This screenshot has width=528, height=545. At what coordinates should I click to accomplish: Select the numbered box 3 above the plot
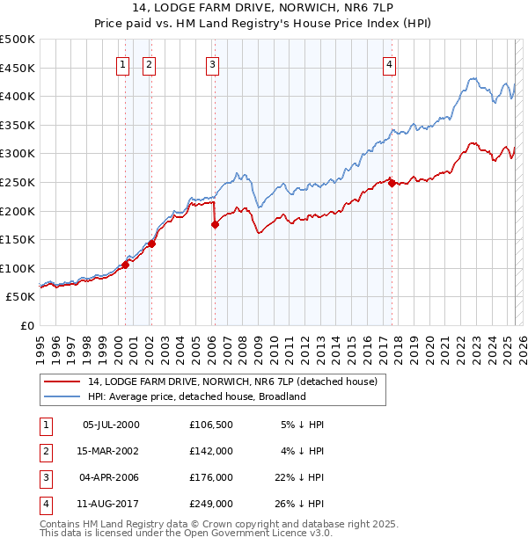tap(213, 63)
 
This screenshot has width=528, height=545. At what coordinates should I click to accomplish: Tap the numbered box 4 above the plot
tap(389, 63)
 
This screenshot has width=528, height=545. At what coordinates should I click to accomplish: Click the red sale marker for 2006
tap(215, 225)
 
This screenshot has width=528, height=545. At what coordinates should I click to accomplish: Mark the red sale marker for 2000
tap(125, 265)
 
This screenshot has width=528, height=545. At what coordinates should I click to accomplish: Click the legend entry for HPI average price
tap(195, 396)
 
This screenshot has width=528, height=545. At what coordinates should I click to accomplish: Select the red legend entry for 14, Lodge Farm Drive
tap(232, 381)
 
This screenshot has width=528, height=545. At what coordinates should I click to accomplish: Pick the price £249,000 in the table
tap(210, 504)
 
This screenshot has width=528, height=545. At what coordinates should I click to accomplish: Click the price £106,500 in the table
tap(210, 425)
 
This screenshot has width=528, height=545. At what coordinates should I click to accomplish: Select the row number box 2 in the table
tap(45, 451)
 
